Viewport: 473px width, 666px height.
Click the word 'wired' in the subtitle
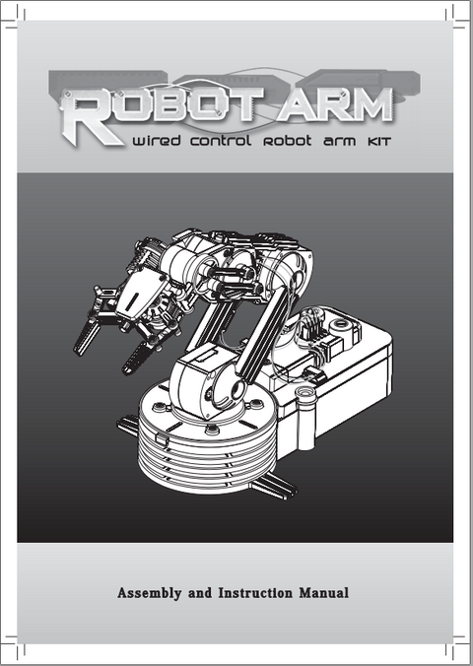pos(157,140)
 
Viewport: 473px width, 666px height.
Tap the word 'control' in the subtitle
pos(220,141)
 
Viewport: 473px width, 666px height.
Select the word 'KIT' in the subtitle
pos(378,142)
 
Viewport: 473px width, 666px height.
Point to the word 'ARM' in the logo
pos(335,104)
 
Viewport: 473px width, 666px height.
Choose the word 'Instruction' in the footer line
pos(255,592)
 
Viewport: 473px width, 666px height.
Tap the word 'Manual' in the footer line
pos(324,592)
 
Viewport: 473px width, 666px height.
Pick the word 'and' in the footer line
pos(200,592)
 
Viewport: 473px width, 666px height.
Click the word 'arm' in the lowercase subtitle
pos(339,142)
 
